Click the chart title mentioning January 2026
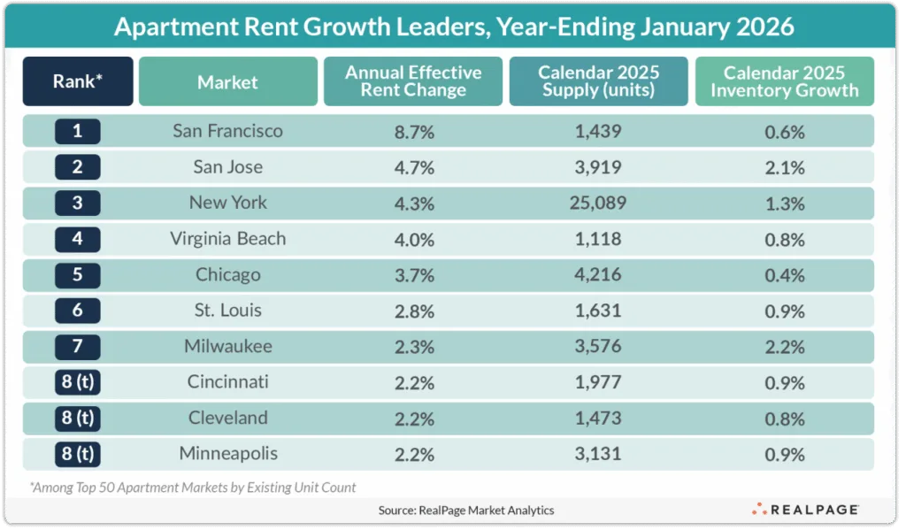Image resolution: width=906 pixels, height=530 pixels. coord(453,27)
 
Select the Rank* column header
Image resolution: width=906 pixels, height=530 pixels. coord(78,82)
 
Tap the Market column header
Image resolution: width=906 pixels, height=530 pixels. coord(227,82)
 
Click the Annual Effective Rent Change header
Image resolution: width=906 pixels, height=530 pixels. coord(413,81)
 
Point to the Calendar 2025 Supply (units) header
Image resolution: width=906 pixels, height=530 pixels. coord(598,81)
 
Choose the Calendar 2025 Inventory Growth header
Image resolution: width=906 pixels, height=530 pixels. coord(784,81)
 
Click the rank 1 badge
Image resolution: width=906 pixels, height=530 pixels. coord(78,132)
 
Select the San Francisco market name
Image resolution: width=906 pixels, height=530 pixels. coord(227,132)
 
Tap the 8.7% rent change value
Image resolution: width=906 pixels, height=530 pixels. coord(413,132)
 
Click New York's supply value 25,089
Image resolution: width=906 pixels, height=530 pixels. coord(598,204)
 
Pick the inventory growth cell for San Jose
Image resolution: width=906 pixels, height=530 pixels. coord(784,167)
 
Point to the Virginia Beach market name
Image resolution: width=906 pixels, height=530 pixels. coord(227,239)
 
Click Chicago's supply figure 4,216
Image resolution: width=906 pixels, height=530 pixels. coord(598,275)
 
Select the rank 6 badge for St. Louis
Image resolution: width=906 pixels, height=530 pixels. coord(78,311)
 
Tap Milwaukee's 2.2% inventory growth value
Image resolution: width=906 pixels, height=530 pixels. coord(784,347)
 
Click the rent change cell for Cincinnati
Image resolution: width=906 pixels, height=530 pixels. coord(413,383)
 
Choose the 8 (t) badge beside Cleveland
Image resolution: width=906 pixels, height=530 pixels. coord(78,419)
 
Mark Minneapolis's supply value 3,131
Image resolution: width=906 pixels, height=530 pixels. coord(598,455)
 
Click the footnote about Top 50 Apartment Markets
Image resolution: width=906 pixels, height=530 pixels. coord(194,487)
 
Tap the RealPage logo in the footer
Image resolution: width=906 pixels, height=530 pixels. coord(805,510)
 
